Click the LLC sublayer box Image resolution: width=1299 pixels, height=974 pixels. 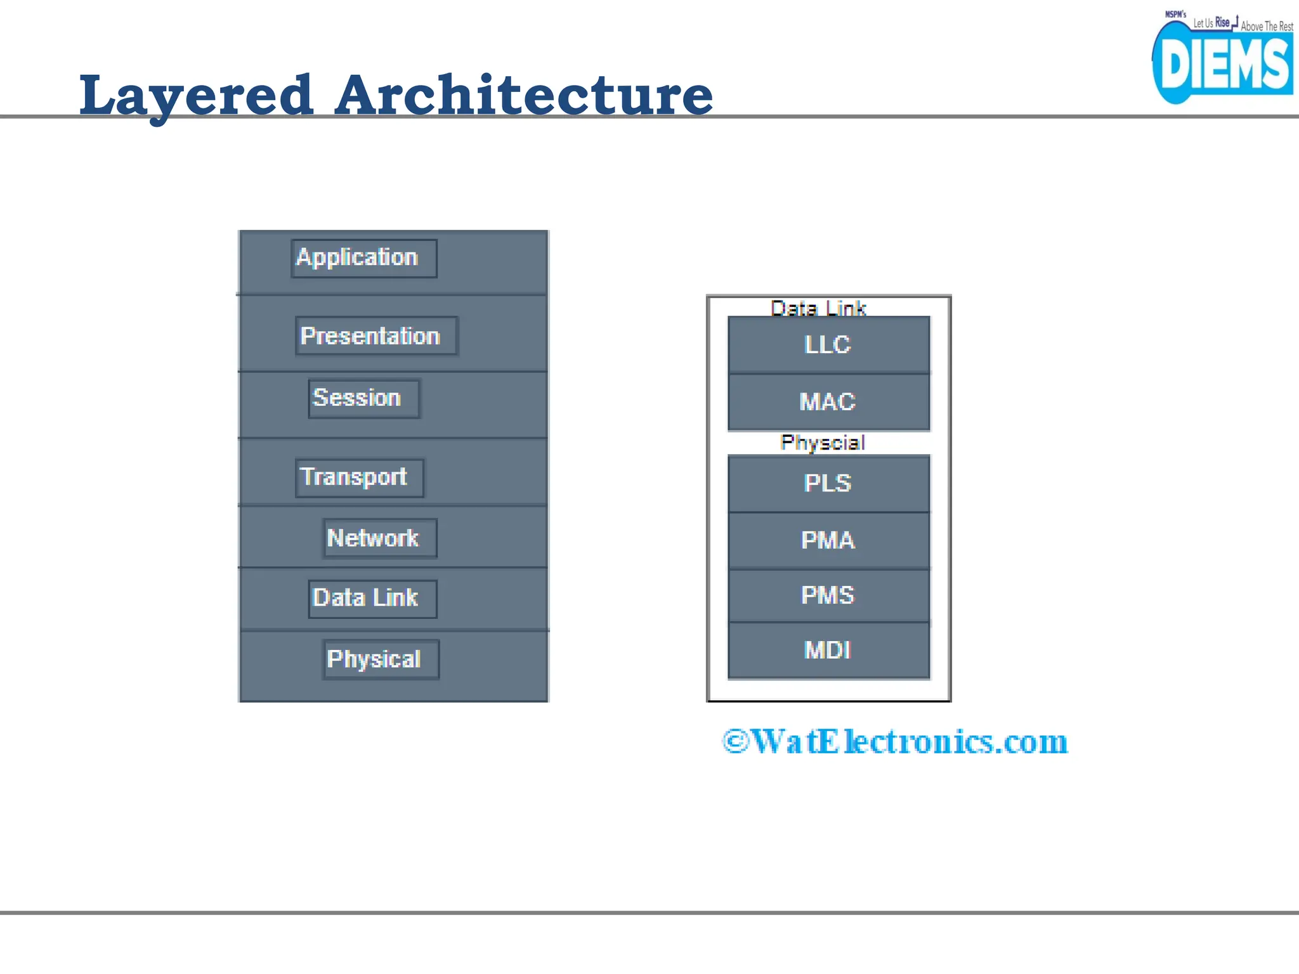coord(828,345)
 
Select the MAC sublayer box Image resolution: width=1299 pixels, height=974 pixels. coord(828,402)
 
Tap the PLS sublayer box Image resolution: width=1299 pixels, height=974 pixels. coord(828,483)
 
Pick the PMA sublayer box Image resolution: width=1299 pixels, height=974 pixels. coord(828,540)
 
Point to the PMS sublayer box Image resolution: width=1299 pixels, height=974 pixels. coord(828,595)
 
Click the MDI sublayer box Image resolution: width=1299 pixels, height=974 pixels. coord(828,651)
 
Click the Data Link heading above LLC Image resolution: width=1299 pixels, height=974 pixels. coord(818,308)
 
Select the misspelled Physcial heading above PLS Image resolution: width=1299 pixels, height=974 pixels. coord(823,442)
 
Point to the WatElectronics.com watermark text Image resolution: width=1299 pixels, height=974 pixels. coord(910,741)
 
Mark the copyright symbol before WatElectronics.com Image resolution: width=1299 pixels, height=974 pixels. coord(736,741)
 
